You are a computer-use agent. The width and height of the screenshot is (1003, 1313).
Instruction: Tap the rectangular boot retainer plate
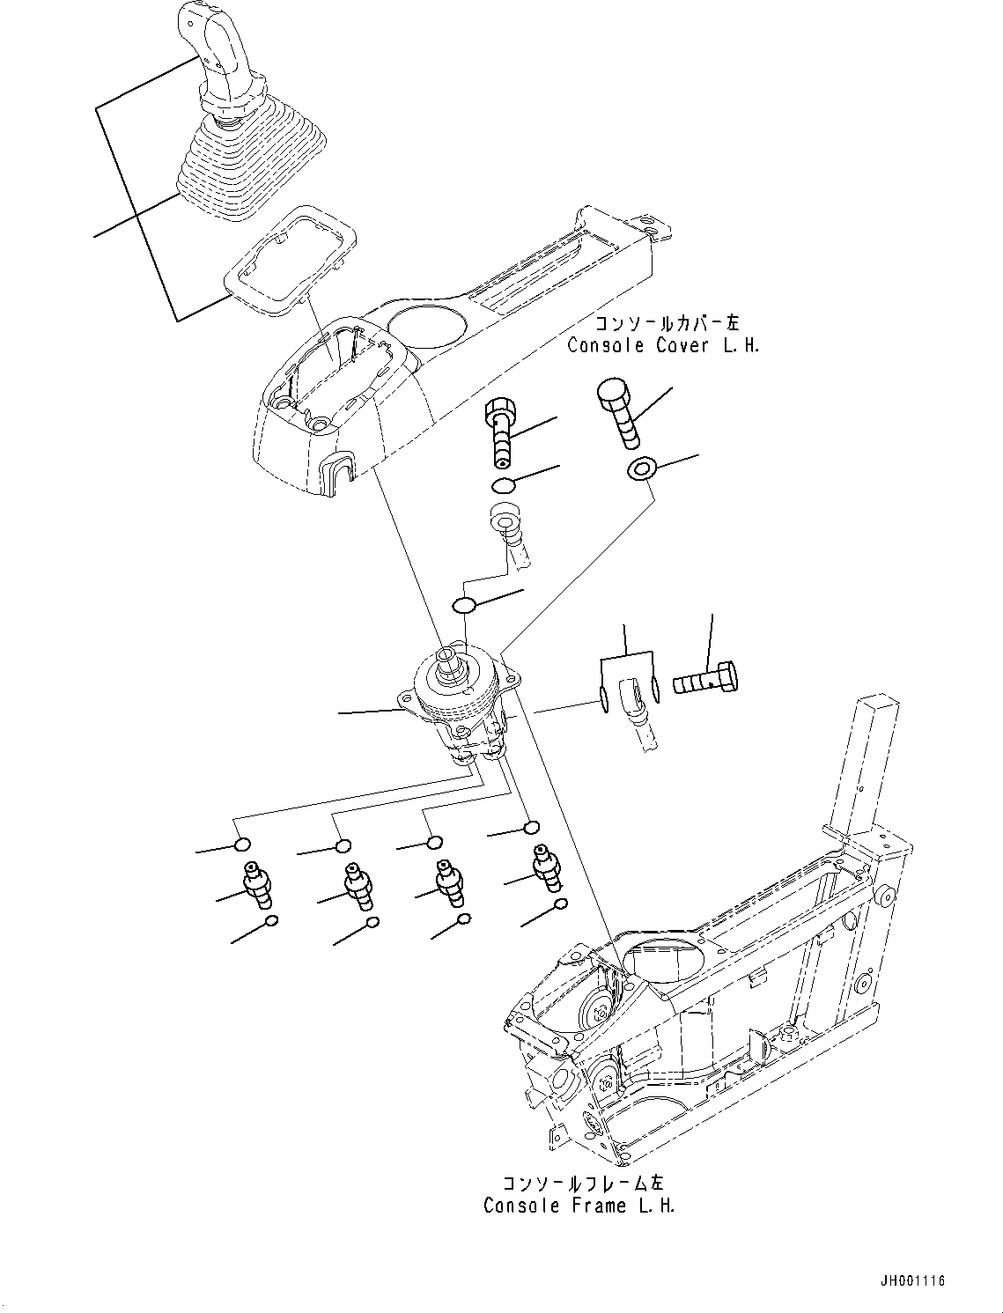pyautogui.click(x=291, y=261)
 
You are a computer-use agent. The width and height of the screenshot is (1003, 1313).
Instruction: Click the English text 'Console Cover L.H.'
pyautogui.click(x=662, y=345)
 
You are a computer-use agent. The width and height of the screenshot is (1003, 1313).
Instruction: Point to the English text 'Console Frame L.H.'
pyautogui.click(x=579, y=1206)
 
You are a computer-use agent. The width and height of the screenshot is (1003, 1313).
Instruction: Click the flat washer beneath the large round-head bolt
pyautogui.click(x=641, y=470)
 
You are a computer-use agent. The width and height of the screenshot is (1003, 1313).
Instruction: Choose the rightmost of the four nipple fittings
pyautogui.click(x=543, y=864)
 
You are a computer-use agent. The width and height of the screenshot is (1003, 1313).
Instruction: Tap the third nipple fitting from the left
pyautogui.click(x=450, y=883)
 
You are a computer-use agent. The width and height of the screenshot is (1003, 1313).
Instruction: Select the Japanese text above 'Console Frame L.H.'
pyautogui.click(x=579, y=1183)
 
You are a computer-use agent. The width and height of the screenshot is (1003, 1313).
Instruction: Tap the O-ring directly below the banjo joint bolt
pyautogui.click(x=504, y=484)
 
